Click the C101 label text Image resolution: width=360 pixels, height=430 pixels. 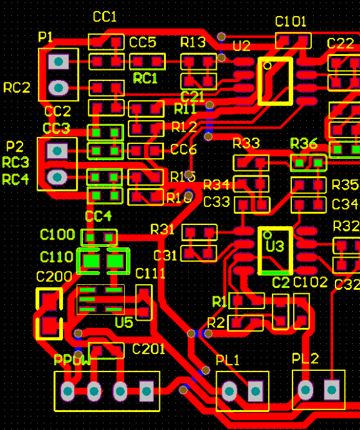coord(291,22)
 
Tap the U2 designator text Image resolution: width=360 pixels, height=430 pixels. coord(241,46)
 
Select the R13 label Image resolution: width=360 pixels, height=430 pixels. coord(193,42)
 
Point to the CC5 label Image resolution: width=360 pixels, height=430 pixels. coord(142,42)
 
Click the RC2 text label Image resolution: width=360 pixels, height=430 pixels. coord(17,88)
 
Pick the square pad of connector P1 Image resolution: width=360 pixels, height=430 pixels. coord(59,62)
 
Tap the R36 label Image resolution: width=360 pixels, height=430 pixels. coord(303,143)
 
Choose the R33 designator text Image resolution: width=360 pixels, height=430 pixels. coord(246,143)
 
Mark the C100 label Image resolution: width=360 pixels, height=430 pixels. coord(57,235)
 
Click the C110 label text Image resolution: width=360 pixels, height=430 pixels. coord(57,257)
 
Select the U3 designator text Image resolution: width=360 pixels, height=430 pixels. coord(274,247)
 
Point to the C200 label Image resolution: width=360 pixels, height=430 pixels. coord(54,277)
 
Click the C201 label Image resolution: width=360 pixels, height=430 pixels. coord(148,349)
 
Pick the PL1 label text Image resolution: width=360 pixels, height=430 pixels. coord(228,360)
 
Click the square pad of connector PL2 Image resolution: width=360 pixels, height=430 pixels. coord(332,389)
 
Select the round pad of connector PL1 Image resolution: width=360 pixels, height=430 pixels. coord(230,390)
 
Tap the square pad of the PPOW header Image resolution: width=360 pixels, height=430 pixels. coord(147,390)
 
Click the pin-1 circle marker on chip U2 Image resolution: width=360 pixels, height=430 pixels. coord(267,65)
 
